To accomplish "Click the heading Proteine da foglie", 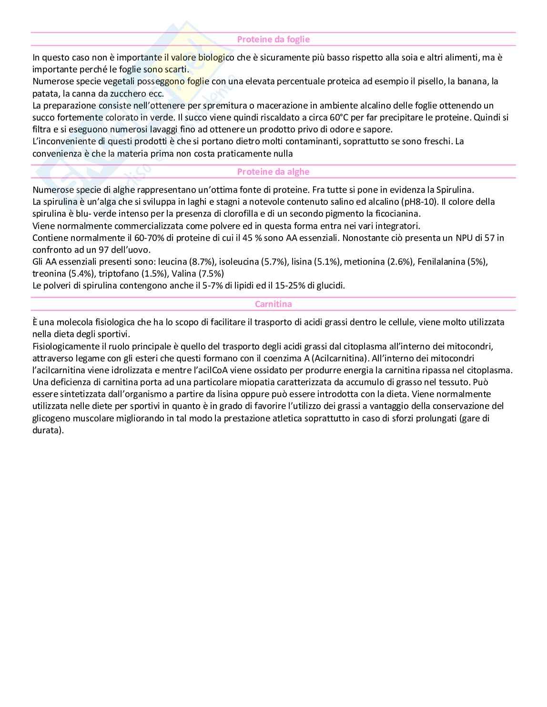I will pos(273,40).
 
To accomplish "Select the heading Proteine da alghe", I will pos(273,172).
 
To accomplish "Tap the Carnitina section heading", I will pos(273,304).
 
